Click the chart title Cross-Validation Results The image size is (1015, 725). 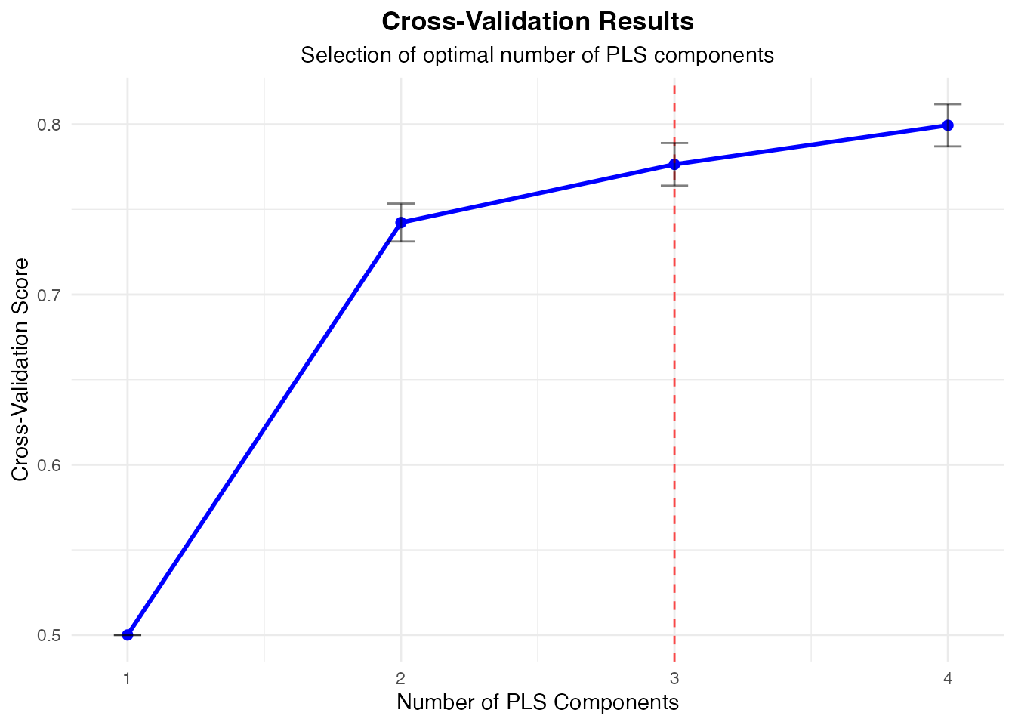537,22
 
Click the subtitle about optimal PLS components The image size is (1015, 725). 537,55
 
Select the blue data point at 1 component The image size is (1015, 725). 128,634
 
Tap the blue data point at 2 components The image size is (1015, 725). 401,222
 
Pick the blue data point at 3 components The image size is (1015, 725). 674,164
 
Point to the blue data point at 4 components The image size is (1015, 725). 948,125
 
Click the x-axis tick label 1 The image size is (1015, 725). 128,678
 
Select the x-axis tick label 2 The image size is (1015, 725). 401,678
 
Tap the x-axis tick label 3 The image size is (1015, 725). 674,678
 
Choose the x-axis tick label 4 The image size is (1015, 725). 948,678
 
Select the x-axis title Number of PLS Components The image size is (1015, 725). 537,702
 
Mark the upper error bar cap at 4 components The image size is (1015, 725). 948,104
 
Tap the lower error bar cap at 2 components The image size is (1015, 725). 401,242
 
